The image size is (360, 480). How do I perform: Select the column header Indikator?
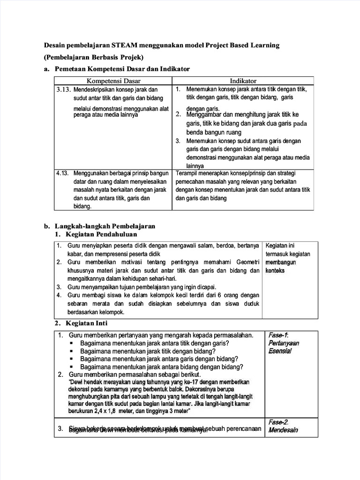pyautogui.click(x=243, y=81)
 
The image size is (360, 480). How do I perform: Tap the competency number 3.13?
pyautogui.click(x=63, y=89)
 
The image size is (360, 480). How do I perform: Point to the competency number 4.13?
pyautogui.click(x=63, y=173)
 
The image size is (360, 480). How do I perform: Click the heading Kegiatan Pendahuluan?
pyautogui.click(x=101, y=234)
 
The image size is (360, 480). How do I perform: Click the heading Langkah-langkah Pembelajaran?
pyautogui.click(x=105, y=226)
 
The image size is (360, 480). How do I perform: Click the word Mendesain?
pyautogui.click(x=283, y=430)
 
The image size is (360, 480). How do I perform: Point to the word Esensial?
pyautogui.click(x=280, y=351)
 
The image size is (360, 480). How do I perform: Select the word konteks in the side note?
pyautogui.click(x=275, y=270)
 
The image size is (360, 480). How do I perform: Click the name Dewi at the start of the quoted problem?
pyautogui.click(x=78, y=382)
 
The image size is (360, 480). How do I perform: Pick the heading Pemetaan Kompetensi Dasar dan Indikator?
pyautogui.click(x=122, y=69)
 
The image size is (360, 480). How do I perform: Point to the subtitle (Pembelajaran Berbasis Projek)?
pyautogui.click(x=93, y=57)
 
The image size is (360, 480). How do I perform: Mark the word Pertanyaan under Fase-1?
pyautogui.click(x=284, y=343)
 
